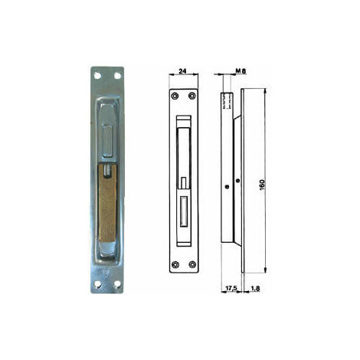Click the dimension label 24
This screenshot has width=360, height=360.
(x=182, y=70)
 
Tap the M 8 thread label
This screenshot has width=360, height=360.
(x=241, y=70)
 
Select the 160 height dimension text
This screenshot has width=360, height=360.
(x=262, y=185)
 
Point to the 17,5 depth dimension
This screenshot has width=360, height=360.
(x=231, y=288)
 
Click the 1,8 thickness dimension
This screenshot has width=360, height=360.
(x=255, y=288)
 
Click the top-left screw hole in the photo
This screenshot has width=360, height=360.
(x=97, y=76)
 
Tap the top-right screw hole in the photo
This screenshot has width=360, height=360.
(x=117, y=76)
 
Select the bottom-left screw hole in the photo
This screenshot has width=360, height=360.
(x=97, y=283)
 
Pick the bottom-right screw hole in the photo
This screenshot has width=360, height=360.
(x=117, y=283)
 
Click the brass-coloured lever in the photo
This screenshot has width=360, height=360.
(x=107, y=203)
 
